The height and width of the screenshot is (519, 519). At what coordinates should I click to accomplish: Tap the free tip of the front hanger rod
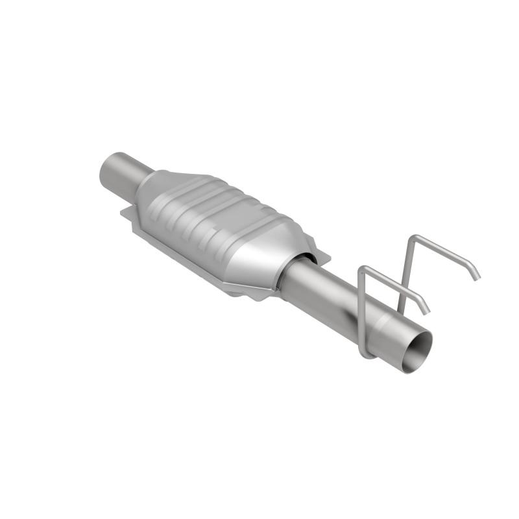pyautogui.click(x=427, y=311)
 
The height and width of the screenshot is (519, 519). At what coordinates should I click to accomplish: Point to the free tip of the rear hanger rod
pyautogui.click(x=477, y=276)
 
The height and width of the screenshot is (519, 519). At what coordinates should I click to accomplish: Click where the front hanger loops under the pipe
pyautogui.click(x=367, y=354)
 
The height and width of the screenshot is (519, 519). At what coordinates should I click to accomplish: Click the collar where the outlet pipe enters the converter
pyautogui.click(x=295, y=272)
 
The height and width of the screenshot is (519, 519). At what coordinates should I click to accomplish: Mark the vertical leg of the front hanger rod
pyautogui.click(x=362, y=311)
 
